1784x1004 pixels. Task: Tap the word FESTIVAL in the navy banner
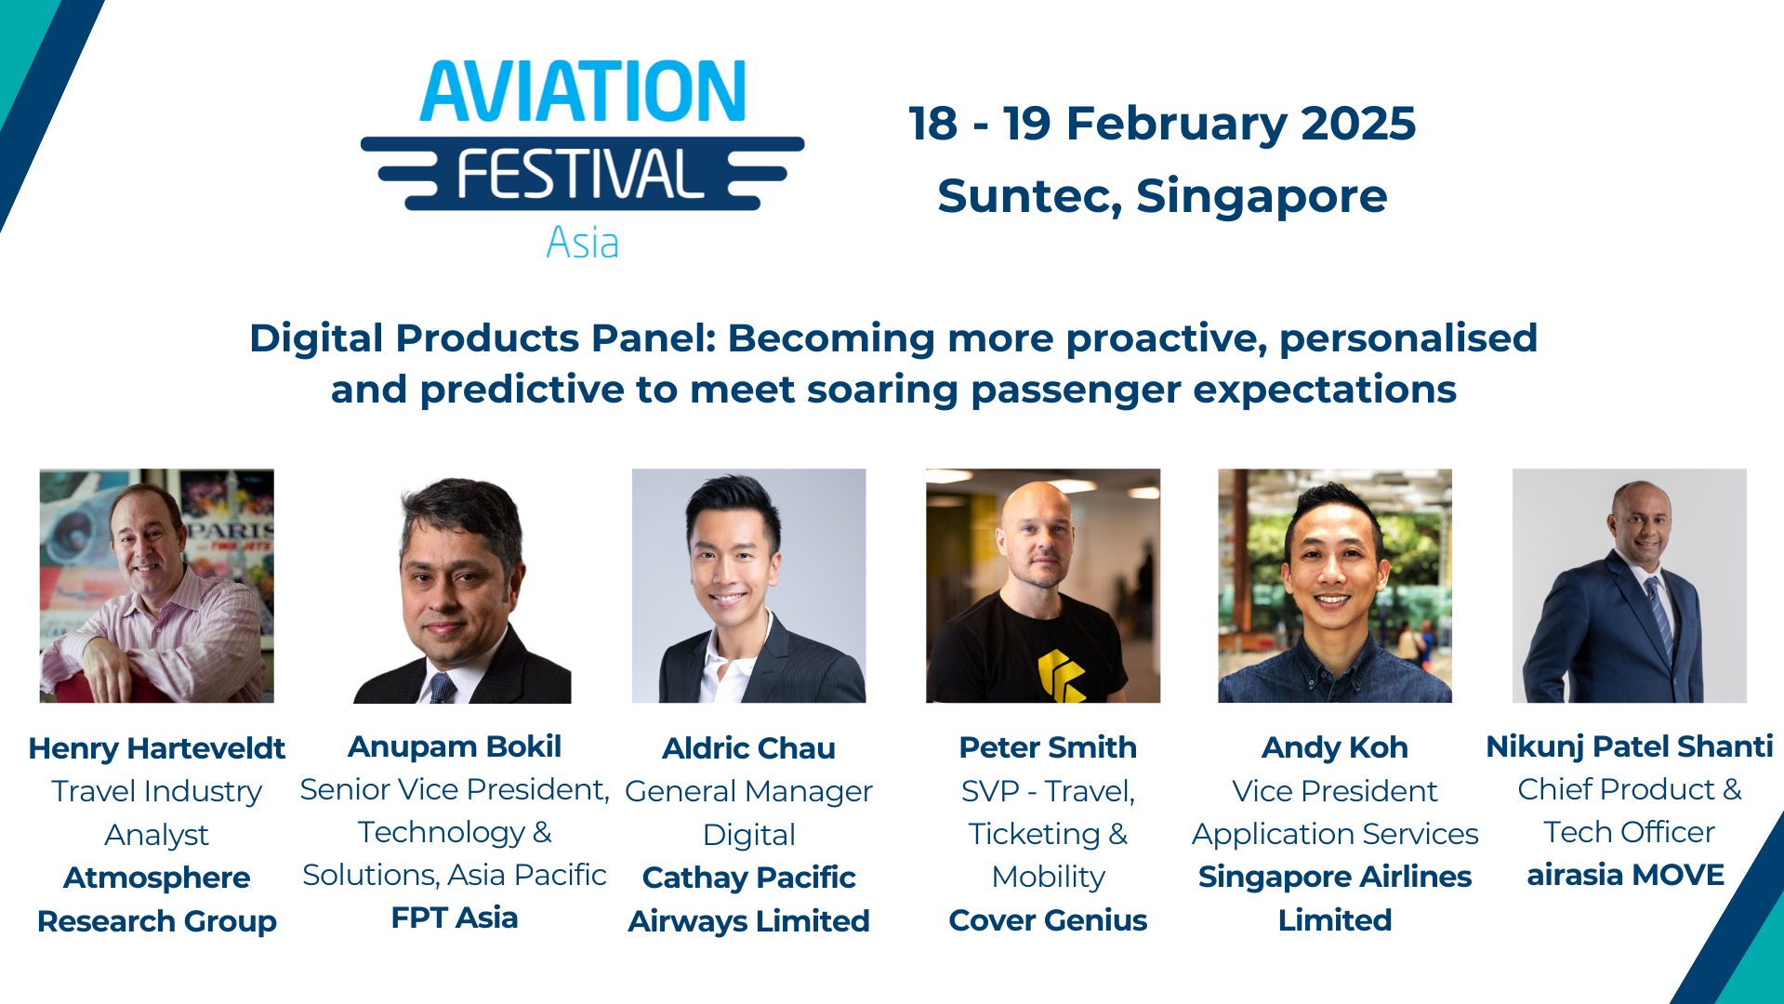click(580, 175)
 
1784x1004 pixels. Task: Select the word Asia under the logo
click(582, 243)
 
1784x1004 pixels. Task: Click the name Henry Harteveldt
click(156, 748)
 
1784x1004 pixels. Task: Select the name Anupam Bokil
click(455, 746)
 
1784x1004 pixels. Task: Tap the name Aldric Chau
click(748, 748)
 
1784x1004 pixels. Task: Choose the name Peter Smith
click(1048, 747)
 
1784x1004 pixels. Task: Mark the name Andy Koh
click(1334, 747)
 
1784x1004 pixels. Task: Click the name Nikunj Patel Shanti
click(1629, 746)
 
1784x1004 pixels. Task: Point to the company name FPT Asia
click(455, 918)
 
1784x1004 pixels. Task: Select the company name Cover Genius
click(1048, 920)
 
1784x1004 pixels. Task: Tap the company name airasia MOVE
click(1625, 875)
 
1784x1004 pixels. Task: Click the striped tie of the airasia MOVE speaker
click(1658, 614)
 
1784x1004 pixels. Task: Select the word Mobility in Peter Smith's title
click(1048, 877)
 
